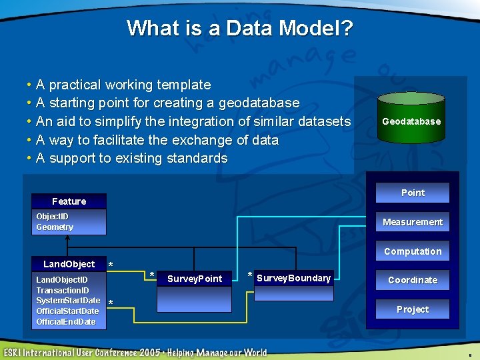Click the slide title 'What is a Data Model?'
click(x=239, y=28)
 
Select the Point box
click(x=412, y=193)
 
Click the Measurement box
click(x=412, y=222)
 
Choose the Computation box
click(x=412, y=251)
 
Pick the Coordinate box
click(x=412, y=280)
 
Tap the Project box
click(x=412, y=309)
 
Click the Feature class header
click(x=69, y=201)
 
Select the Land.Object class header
click(x=69, y=264)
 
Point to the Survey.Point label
click(x=194, y=279)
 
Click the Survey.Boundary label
click(x=293, y=278)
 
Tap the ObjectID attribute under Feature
click(x=52, y=217)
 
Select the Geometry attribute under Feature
click(x=55, y=227)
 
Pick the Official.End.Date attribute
click(x=66, y=322)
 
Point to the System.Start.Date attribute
click(x=68, y=301)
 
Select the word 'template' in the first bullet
click(x=185, y=85)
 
